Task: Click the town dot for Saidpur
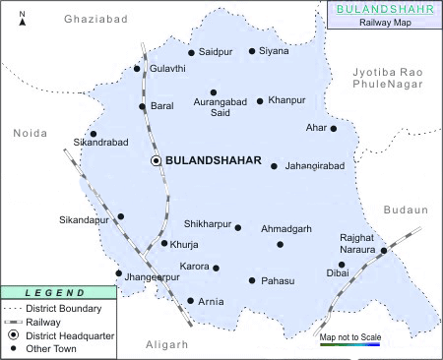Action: click(191, 53)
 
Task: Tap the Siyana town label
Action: click(275, 51)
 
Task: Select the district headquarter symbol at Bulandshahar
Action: click(156, 159)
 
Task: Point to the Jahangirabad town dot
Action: click(274, 166)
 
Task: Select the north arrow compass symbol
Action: click(22, 15)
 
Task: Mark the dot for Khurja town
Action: click(164, 243)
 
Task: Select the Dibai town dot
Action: click(342, 265)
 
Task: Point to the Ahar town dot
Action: click(334, 128)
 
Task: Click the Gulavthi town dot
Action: click(137, 69)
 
